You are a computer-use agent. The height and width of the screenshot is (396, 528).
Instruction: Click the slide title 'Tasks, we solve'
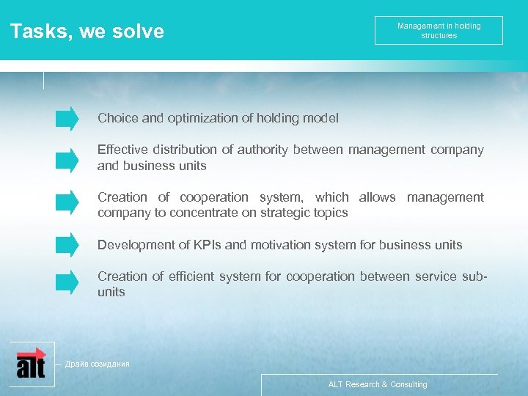point(87,32)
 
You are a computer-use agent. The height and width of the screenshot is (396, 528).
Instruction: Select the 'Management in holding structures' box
point(439,31)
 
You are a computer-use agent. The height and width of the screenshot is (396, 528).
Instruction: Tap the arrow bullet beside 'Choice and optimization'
point(67,118)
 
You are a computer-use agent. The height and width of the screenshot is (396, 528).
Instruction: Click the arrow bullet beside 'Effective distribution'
point(67,158)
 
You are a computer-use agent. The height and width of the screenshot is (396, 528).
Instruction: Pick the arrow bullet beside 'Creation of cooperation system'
point(67,200)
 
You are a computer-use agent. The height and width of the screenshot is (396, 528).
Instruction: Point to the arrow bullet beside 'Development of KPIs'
point(67,244)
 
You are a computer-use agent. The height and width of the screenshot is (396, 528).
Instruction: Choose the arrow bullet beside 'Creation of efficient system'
point(67,281)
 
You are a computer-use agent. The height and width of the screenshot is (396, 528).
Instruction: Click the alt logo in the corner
point(31,362)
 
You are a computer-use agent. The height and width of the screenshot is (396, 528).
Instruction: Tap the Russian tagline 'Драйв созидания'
point(97,364)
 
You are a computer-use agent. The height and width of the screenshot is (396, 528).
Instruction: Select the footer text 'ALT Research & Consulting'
point(378,384)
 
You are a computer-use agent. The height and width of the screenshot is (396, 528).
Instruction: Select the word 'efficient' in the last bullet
point(193,276)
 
